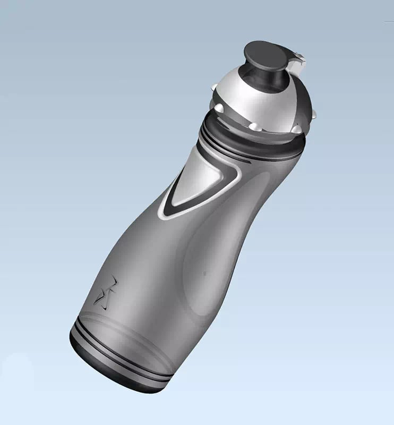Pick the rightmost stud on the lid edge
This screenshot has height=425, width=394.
314,114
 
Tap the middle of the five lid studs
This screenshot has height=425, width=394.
255,126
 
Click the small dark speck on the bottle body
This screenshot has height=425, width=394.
204,274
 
